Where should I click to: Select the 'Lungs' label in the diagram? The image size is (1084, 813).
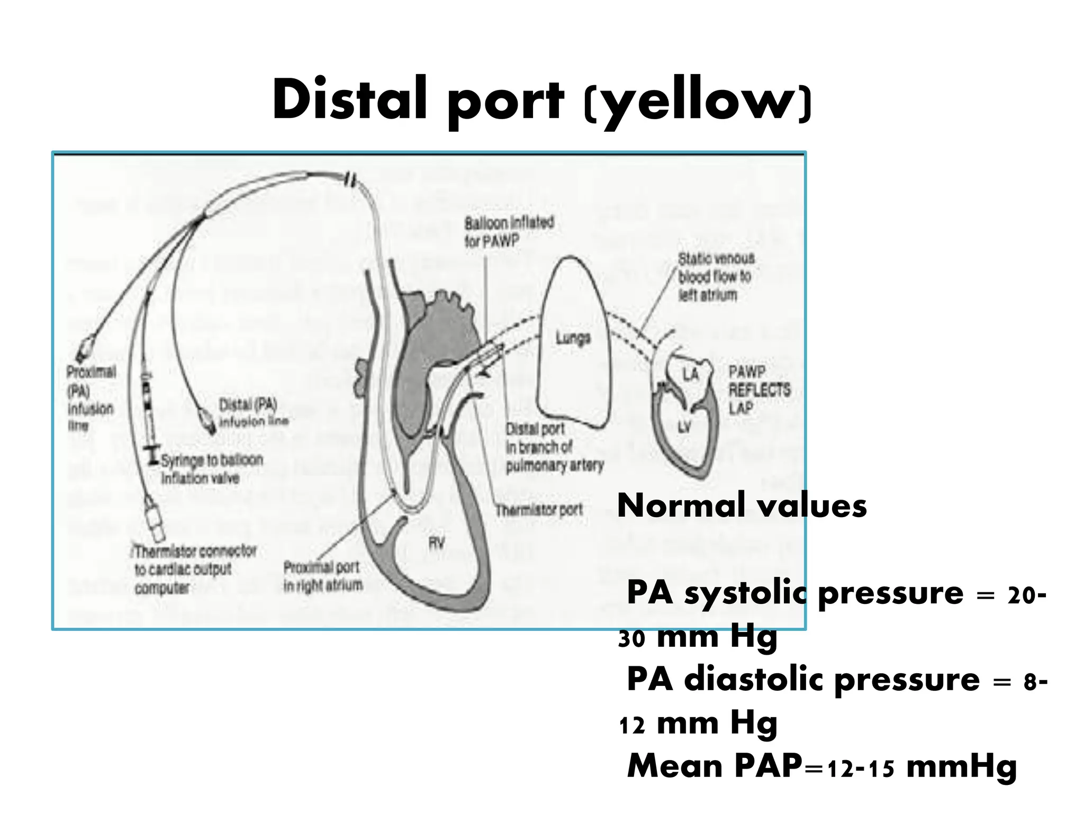[x=573, y=338]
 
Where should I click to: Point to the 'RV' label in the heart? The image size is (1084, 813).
[x=436, y=543]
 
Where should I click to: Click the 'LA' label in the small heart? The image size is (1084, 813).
[x=691, y=374]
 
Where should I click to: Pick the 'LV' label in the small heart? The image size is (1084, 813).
[x=684, y=427]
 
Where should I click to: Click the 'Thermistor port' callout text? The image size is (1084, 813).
[x=539, y=510]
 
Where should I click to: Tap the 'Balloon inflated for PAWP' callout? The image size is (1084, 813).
[x=509, y=232]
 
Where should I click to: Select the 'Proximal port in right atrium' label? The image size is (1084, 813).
[x=322, y=576]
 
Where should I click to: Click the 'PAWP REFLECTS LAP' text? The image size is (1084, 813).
[x=759, y=390]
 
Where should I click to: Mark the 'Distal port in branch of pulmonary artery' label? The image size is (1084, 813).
[x=554, y=447]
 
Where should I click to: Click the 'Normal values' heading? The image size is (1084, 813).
[x=742, y=505]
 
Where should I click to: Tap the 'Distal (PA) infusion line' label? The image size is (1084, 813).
[x=254, y=413]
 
